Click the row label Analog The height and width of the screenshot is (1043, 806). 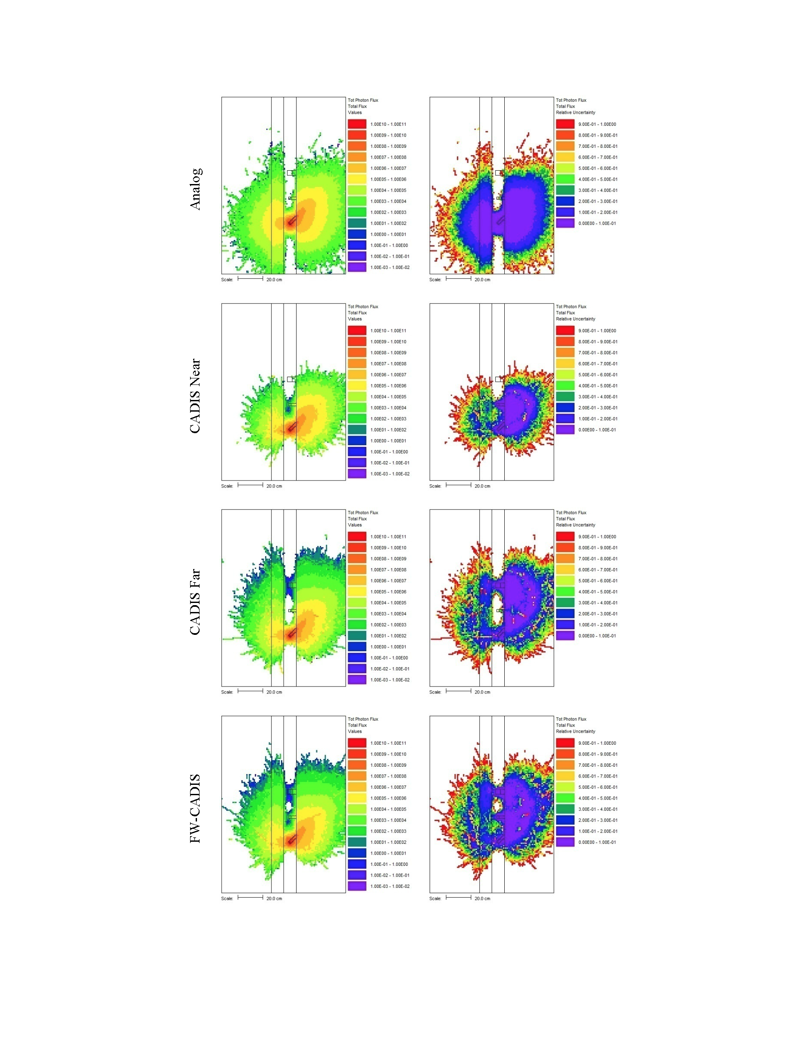196,189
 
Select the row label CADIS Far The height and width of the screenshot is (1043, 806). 195,601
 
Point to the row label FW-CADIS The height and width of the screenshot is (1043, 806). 195,808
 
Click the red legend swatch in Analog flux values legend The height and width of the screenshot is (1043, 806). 357,124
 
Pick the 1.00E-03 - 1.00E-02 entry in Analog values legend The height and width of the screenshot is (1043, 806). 390,268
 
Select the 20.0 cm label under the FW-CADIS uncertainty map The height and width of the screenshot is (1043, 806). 482,898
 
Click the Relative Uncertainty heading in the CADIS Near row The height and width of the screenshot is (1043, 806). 575,319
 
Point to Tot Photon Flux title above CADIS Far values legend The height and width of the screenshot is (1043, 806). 363,512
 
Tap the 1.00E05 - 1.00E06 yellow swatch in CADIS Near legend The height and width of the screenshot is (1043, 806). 357,386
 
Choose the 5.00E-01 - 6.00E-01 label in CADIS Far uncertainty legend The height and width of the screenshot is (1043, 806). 598,581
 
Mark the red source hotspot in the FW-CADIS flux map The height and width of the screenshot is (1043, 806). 291,841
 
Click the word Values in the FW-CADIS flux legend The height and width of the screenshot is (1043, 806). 355,731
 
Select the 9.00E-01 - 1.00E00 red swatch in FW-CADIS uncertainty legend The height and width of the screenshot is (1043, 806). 565,743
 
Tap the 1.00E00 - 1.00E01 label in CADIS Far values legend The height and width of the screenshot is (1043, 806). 388,646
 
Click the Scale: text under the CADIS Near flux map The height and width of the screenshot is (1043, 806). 227,486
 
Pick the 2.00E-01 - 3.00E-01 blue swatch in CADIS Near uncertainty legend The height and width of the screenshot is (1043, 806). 565,408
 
